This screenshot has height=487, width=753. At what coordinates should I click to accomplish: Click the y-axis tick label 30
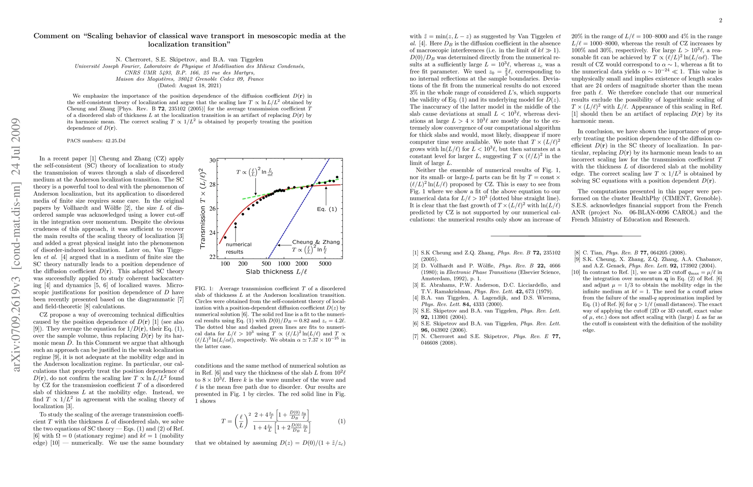[212, 160]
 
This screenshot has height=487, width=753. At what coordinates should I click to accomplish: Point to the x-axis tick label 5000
[325, 264]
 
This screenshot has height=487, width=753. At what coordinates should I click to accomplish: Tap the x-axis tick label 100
[225, 264]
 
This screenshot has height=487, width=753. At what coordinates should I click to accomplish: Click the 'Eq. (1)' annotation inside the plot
[327, 209]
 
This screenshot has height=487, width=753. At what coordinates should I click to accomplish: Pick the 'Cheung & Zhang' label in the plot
[316, 242]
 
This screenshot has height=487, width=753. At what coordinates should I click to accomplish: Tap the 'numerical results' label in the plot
[238, 248]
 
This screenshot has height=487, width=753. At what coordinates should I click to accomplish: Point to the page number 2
[721, 21]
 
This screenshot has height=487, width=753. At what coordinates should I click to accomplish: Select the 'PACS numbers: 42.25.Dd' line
[96, 141]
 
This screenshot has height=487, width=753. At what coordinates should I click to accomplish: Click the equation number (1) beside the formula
[342, 421]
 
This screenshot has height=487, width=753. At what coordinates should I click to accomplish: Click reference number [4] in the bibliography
[415, 298]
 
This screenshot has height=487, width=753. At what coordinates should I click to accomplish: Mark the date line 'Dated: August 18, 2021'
[189, 86]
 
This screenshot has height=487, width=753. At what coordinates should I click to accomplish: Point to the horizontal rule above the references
[566, 236]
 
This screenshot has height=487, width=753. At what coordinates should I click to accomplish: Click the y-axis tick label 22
[212, 257]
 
